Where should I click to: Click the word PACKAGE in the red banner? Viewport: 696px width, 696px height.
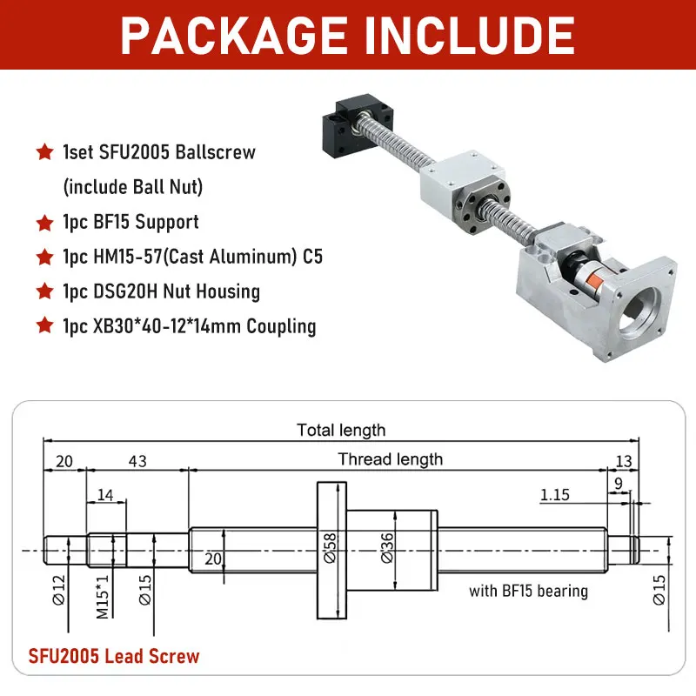234,36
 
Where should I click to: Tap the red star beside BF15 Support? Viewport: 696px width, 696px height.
45,223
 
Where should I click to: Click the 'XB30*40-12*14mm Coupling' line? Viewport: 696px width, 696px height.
190,326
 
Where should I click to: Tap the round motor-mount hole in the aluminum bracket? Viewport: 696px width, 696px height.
639,311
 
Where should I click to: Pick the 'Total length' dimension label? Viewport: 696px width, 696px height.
341,430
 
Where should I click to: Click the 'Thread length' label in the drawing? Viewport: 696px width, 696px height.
391,459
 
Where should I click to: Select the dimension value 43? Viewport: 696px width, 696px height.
137,461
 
